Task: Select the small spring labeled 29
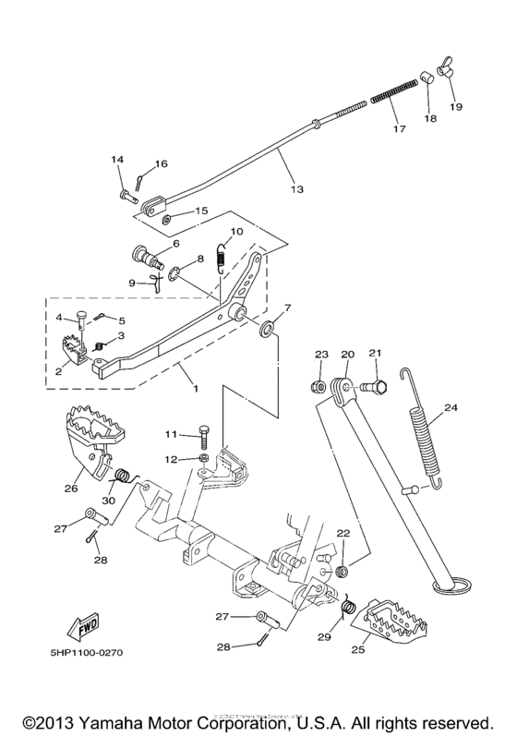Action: point(349,610)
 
